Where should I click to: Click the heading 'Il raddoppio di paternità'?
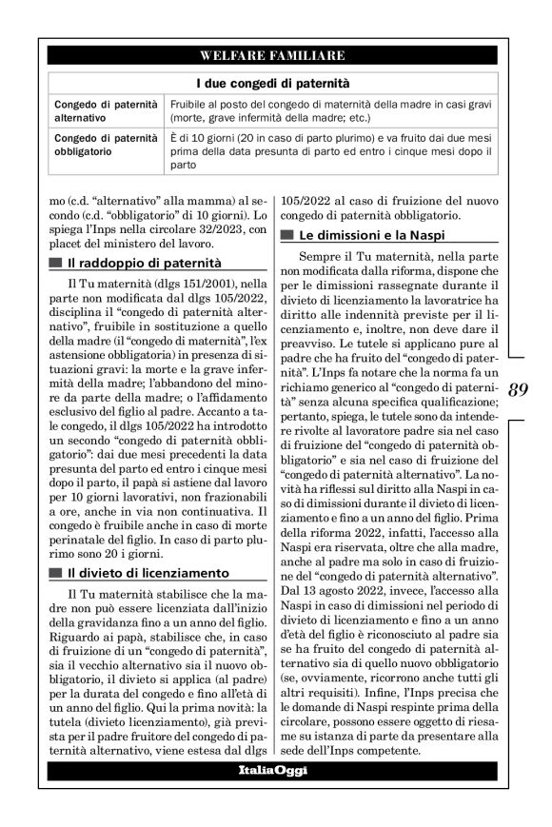(143, 262)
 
